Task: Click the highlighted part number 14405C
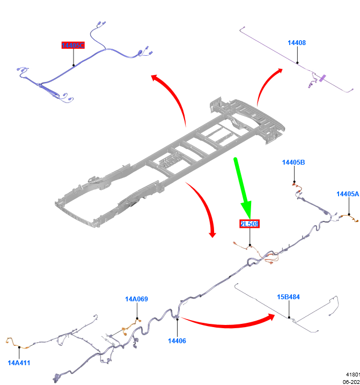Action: (x=73, y=46)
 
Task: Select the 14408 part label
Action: (x=297, y=42)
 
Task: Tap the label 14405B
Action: (x=293, y=162)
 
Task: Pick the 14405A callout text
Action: (x=347, y=194)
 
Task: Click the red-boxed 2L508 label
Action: (x=249, y=224)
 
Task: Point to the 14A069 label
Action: (x=136, y=299)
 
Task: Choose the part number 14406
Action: (x=177, y=340)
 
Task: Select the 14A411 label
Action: (x=19, y=362)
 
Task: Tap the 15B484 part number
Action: (x=288, y=297)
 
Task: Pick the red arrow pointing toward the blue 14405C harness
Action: (x=172, y=97)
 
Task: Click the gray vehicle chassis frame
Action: (x=172, y=156)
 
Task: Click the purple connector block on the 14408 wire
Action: (x=322, y=78)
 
